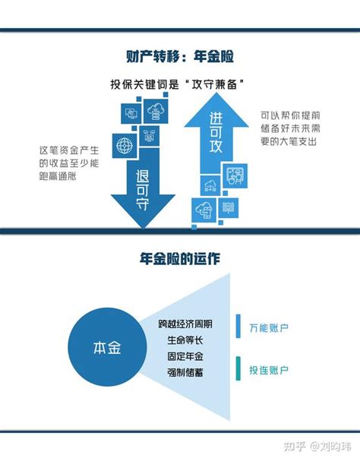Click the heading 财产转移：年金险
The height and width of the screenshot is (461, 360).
(180, 56)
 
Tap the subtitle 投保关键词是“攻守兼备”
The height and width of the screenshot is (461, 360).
(178, 84)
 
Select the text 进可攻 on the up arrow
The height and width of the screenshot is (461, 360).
(216, 133)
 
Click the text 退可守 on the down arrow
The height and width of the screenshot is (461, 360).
(143, 190)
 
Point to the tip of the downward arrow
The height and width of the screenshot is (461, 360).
(144, 228)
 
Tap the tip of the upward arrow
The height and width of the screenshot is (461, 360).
(216, 93)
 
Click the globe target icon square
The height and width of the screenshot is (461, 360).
(125, 146)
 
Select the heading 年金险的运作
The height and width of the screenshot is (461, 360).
(180, 259)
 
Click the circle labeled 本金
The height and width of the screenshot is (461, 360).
(107, 347)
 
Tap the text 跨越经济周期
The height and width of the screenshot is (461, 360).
(185, 324)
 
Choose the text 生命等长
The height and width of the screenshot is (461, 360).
(185, 340)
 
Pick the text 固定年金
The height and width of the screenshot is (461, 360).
(185, 356)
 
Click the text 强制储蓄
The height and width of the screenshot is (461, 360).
(185, 372)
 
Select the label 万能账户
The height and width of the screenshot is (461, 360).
(269, 328)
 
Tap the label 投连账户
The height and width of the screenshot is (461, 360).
(269, 370)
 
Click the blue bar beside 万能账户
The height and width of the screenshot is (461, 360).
(238, 326)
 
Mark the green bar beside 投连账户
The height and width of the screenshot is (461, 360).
(238, 368)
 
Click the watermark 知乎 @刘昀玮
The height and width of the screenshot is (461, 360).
(317, 447)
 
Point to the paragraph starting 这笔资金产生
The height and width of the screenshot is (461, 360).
(69, 163)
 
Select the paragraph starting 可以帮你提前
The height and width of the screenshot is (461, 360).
(290, 128)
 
